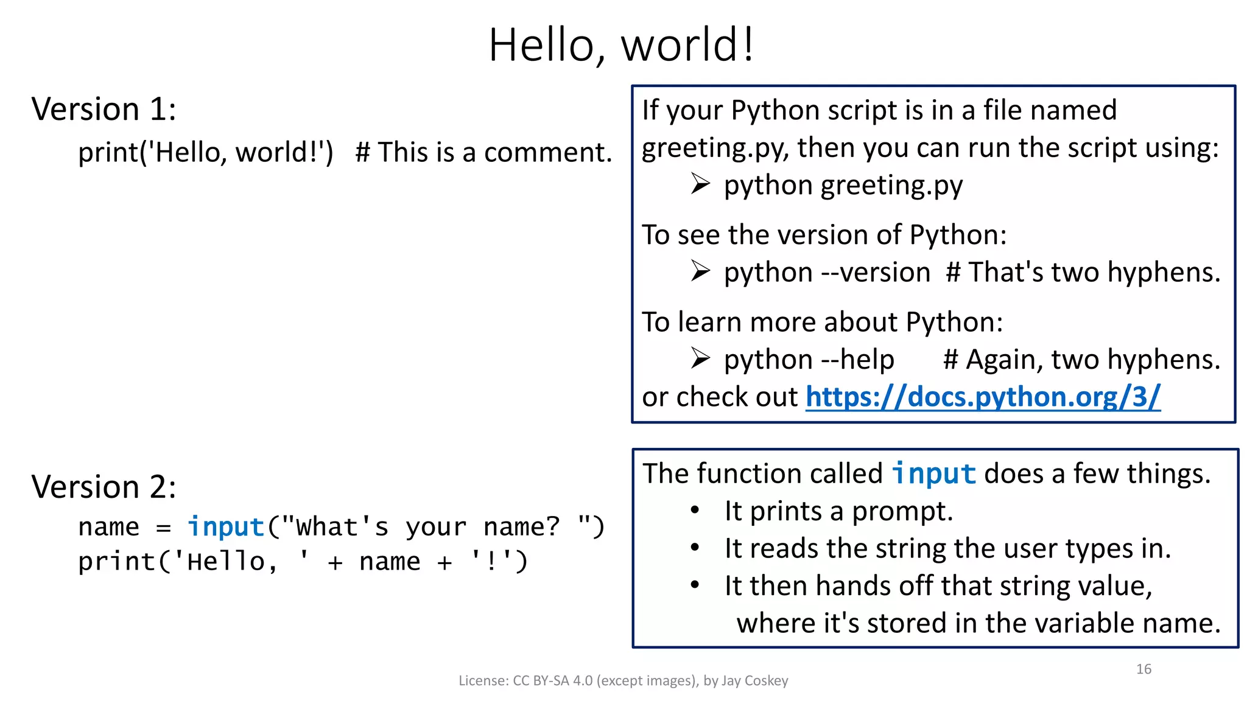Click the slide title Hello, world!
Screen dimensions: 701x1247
click(621, 45)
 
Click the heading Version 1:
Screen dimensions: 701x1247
click(104, 110)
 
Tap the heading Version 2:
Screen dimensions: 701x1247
click(104, 487)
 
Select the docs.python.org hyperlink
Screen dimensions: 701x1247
click(983, 397)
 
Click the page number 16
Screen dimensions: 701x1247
click(1143, 669)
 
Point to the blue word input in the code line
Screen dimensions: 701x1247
click(225, 527)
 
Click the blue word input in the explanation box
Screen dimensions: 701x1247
click(933, 474)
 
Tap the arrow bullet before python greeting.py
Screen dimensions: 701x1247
click(700, 184)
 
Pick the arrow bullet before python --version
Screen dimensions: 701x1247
click(700, 271)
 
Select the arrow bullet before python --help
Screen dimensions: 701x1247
click(700, 358)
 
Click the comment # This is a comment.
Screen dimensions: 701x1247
click(483, 152)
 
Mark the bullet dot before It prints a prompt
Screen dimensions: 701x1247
click(695, 510)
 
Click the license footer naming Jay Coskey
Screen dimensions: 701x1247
click(623, 680)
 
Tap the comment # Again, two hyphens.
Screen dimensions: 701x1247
click(1081, 360)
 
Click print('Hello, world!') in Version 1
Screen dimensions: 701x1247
click(206, 152)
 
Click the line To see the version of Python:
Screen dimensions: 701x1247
click(824, 235)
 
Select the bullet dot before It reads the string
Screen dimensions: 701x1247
click(695, 547)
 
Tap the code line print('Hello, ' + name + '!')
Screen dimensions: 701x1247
click(303, 562)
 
